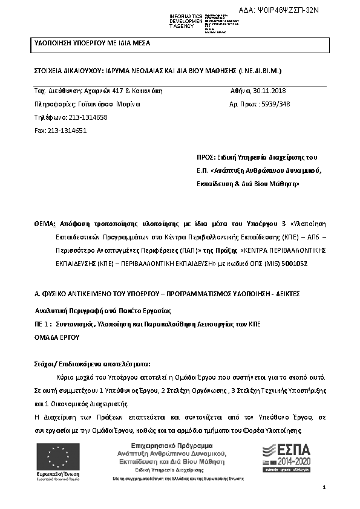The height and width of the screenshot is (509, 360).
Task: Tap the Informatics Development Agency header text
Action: coord(186,21)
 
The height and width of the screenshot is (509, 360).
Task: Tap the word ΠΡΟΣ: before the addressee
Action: coord(206,156)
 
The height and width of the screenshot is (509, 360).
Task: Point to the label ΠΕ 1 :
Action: coord(43,324)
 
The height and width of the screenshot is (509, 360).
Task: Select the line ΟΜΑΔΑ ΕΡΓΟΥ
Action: coord(57,337)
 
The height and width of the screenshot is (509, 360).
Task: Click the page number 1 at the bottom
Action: coord(324,487)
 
